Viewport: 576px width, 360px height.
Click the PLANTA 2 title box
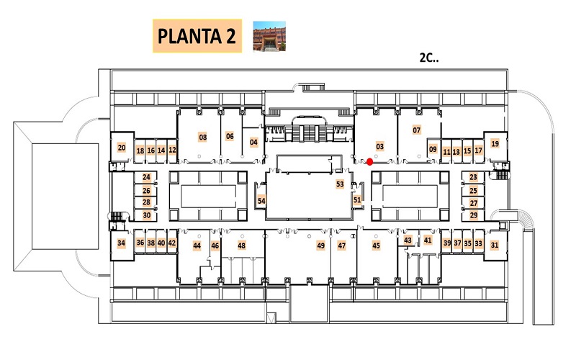pyautogui.click(x=197, y=36)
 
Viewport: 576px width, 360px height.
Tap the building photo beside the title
pyautogui.click(x=269, y=36)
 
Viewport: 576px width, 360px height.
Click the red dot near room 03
pyautogui.click(x=370, y=161)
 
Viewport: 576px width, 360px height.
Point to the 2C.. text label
pyautogui.click(x=429, y=58)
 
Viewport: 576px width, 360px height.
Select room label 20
pyautogui.click(x=122, y=148)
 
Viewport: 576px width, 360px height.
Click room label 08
pyautogui.click(x=203, y=138)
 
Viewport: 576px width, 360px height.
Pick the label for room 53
pyautogui.click(x=340, y=184)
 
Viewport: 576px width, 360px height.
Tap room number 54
pyautogui.click(x=261, y=201)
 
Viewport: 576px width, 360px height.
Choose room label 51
pyautogui.click(x=357, y=200)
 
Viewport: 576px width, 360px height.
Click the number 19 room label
pyautogui.click(x=495, y=143)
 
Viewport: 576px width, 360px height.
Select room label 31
pyautogui.click(x=495, y=245)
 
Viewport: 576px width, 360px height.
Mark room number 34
pyautogui.click(x=121, y=243)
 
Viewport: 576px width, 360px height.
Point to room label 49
pyautogui.click(x=320, y=246)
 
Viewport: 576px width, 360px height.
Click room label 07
pyautogui.click(x=417, y=130)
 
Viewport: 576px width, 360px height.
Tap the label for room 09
pyautogui.click(x=433, y=149)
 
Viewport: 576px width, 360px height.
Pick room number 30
pyautogui.click(x=147, y=215)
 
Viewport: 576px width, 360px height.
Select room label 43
pyautogui.click(x=408, y=240)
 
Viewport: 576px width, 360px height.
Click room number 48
pyautogui.click(x=241, y=246)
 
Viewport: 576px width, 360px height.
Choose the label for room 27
pyautogui.click(x=474, y=203)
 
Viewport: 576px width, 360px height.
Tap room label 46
pyautogui.click(x=215, y=246)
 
